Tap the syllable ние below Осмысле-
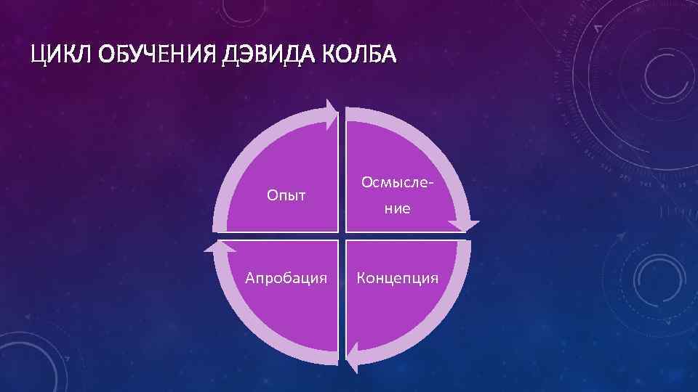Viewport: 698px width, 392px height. click(398, 209)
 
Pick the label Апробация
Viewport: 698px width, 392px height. click(286, 277)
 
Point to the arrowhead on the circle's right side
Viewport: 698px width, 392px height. click(466, 226)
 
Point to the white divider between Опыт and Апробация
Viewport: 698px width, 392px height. click(284, 236)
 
